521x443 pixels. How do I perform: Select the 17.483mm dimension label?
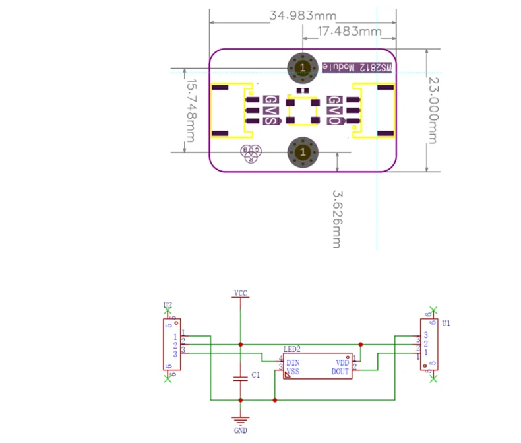point(349,31)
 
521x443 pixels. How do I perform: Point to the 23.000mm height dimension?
point(433,110)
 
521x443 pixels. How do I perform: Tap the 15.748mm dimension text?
point(190,110)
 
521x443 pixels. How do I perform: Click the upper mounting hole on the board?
point(303,67)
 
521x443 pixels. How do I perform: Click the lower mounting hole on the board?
point(303,152)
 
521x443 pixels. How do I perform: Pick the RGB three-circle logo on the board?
point(251,153)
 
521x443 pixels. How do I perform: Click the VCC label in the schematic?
point(241,292)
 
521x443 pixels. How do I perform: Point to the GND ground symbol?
point(241,423)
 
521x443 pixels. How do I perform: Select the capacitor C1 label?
point(256,374)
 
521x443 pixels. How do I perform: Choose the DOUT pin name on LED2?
point(340,371)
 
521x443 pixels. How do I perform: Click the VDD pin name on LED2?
point(342,362)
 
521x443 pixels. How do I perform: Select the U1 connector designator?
point(446,324)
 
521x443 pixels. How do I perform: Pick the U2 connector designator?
point(168,306)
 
